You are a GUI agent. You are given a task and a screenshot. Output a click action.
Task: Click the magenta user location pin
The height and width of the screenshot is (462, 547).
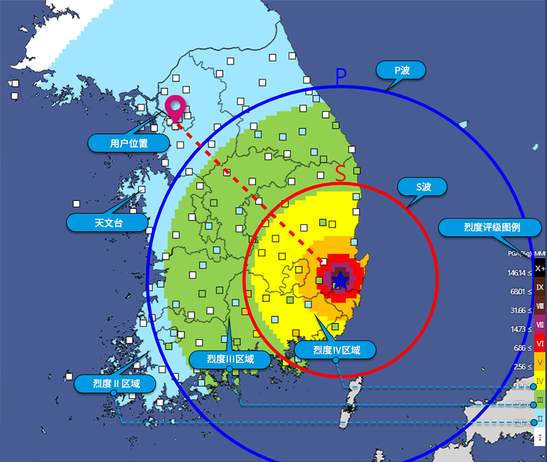tap(175, 107)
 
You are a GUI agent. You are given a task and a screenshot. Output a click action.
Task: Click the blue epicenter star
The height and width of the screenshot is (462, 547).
tap(340, 280)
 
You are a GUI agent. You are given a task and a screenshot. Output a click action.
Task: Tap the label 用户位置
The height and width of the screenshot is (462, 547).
tap(129, 143)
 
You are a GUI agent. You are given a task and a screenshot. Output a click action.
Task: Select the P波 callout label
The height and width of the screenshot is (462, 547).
tap(402, 70)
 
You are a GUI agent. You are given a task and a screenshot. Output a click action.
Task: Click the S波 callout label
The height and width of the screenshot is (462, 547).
tap(422, 187)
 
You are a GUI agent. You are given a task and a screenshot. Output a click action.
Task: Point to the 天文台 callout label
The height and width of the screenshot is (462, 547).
tap(107, 222)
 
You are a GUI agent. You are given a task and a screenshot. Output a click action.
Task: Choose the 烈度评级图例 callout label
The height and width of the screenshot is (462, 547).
tap(488, 228)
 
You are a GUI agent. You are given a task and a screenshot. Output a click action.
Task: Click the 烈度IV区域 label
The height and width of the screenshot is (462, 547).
tap(337, 350)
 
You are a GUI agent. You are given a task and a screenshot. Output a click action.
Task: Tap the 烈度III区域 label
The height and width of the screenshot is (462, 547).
tap(230, 359)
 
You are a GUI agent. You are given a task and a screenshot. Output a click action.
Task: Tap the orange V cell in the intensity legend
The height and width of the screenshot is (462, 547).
tap(539, 362)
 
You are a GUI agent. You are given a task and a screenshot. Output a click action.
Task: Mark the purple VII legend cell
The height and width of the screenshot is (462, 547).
tap(539, 324)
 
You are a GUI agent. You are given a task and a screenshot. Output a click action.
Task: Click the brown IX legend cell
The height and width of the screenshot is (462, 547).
tap(539, 287)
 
